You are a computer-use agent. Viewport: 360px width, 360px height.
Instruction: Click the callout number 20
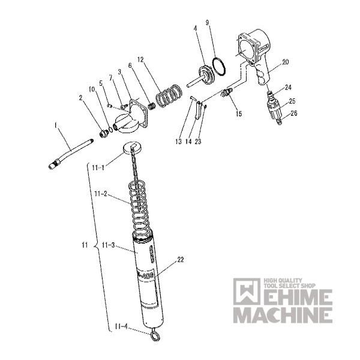pos(286,62)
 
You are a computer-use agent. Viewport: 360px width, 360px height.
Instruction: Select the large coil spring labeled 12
pos(169,96)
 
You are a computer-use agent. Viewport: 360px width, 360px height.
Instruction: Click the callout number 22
pos(181,260)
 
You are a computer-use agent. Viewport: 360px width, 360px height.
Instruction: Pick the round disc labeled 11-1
pos(132,148)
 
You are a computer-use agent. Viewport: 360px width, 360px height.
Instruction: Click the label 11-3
pos(108,245)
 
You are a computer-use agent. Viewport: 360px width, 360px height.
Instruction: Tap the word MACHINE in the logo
pos(283,315)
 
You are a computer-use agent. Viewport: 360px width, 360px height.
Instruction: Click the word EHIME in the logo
pos(298,297)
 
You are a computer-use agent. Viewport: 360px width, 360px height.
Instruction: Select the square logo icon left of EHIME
pos(247,292)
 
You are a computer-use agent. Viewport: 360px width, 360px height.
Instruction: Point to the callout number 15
pos(239,113)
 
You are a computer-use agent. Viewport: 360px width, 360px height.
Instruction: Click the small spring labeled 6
pos(152,106)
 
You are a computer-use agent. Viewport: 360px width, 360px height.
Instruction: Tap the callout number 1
pos(55,125)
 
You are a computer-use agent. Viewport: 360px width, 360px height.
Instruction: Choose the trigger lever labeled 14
pos(198,110)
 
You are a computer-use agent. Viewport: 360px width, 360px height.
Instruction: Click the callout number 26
pos(294,113)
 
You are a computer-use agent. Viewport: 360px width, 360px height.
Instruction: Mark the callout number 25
pos(292,101)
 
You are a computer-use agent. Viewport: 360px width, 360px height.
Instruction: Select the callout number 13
pos(178,142)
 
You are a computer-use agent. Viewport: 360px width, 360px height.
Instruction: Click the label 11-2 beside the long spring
pos(101,194)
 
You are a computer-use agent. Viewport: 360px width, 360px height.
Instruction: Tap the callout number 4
pos(195,29)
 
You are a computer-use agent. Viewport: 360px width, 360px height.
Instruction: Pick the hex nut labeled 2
pos(104,133)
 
